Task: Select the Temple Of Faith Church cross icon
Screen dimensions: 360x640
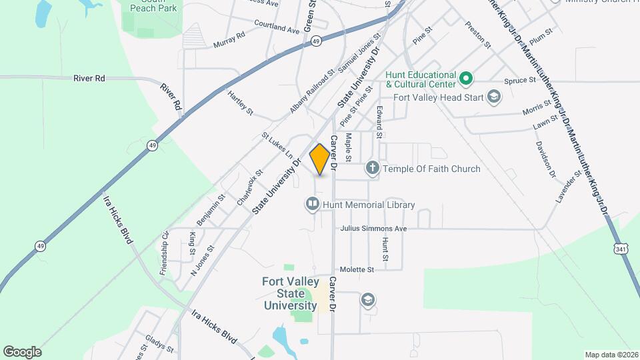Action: click(x=373, y=169)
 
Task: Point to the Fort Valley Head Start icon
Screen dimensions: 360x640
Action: click(x=493, y=97)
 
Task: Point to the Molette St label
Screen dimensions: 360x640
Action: click(x=357, y=269)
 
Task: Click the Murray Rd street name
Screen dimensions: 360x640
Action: click(x=230, y=43)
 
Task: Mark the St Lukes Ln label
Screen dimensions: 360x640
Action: click(x=277, y=145)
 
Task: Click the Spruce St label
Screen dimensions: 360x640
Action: click(x=520, y=81)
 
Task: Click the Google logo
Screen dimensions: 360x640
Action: click(x=22, y=351)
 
